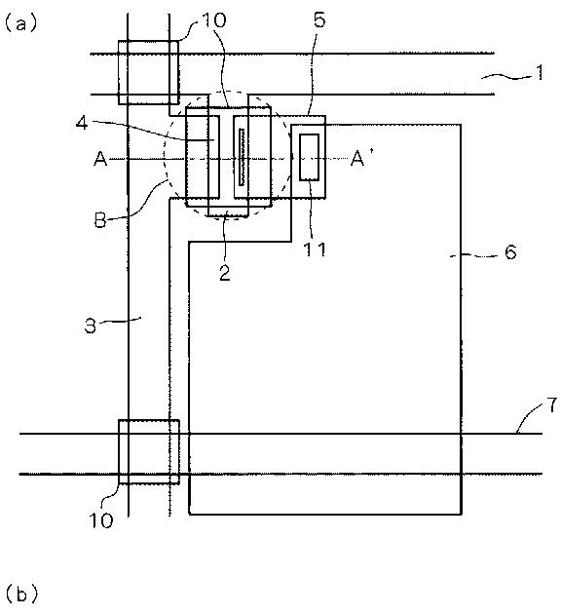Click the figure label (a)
point(20,23)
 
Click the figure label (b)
point(21,594)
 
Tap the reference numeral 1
point(540,72)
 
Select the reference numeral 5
point(319,19)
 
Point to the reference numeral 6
point(510,251)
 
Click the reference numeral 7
point(552,405)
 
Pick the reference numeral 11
point(316,250)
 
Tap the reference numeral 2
point(225,273)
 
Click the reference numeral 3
point(91,326)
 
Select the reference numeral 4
point(82,124)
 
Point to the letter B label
point(100,220)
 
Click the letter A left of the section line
point(100,159)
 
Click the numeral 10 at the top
point(214,20)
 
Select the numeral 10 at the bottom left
point(101,520)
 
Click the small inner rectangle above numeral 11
point(310,157)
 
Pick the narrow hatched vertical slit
point(242,157)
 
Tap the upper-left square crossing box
point(149,72)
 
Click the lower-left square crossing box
point(149,452)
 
